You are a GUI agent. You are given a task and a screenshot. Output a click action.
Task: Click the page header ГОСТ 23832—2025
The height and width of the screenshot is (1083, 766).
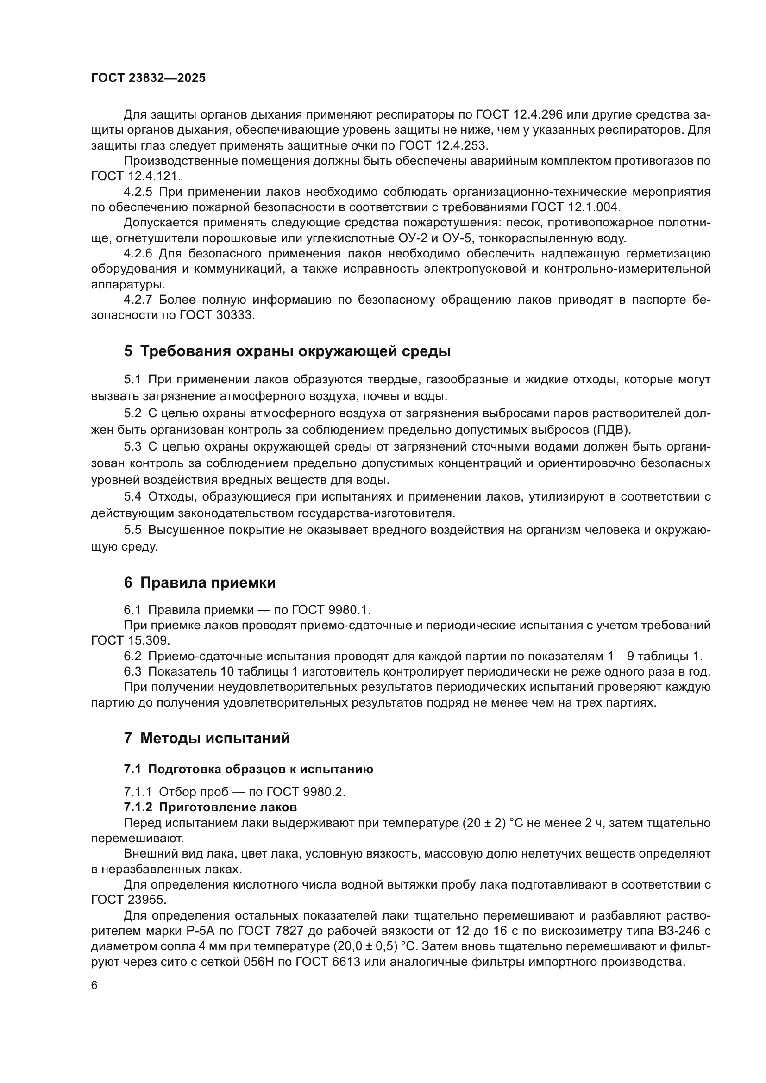coord(148,78)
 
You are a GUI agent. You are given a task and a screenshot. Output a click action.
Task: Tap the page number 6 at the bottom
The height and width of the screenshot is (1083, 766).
coord(94,985)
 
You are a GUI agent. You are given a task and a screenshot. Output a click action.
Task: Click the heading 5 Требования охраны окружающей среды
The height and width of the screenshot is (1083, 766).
coord(287,351)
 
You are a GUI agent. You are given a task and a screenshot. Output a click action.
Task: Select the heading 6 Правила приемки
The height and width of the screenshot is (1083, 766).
coord(200,583)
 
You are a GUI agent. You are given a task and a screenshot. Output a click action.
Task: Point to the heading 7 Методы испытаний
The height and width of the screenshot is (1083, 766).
coord(207,738)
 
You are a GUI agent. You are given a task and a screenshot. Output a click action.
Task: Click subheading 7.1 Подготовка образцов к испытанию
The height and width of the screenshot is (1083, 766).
coord(248,770)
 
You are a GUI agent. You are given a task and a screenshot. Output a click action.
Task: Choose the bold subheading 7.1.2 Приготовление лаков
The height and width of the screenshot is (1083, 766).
coord(210,807)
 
